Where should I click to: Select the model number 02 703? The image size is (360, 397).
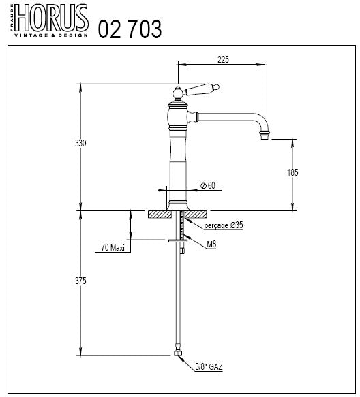pos(130,29)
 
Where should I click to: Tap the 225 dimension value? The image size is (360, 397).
pos(222,59)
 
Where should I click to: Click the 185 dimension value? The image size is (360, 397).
pos(293,172)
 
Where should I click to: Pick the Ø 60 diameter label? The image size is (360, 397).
pos(207,186)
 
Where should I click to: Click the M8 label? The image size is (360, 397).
pos(213,243)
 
